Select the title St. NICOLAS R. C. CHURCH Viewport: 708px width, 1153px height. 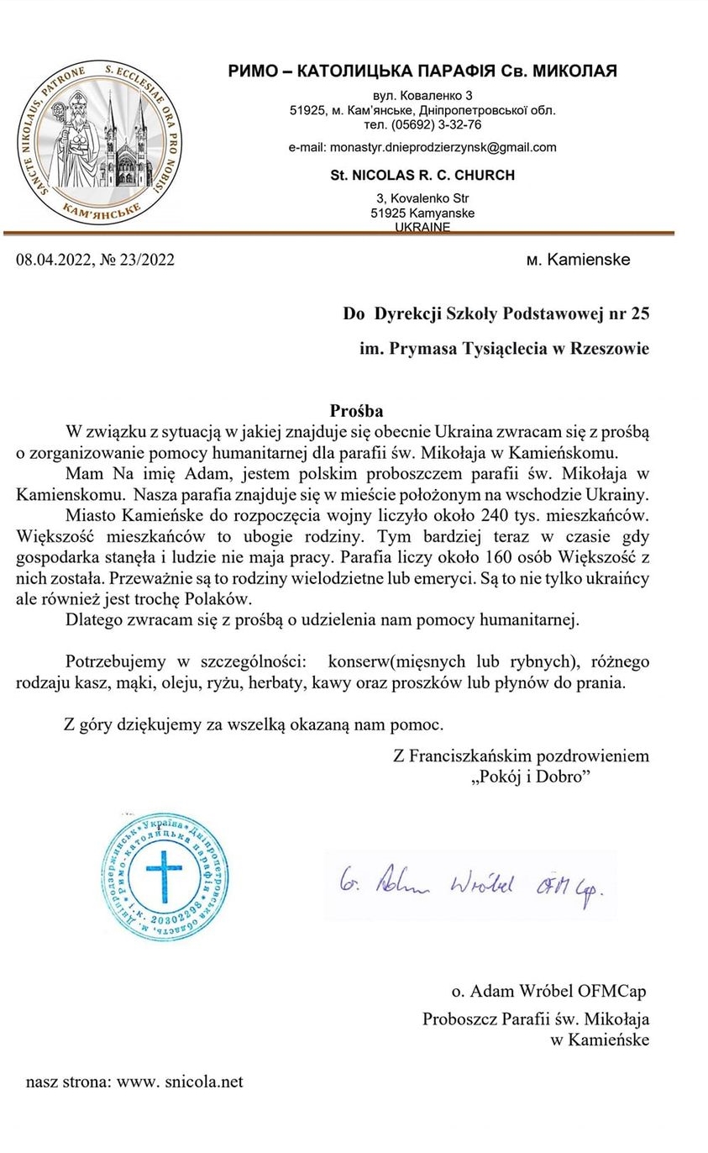point(422,175)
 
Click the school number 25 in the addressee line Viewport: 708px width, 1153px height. point(638,314)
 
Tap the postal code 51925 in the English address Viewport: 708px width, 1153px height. point(387,213)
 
